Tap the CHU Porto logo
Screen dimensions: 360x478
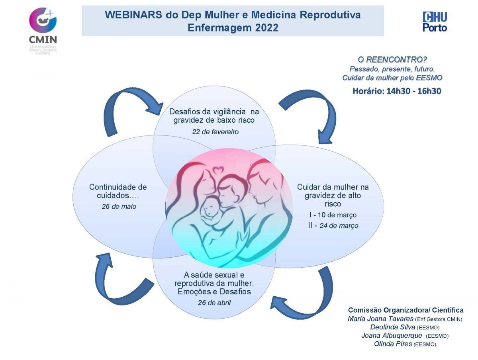click(435, 22)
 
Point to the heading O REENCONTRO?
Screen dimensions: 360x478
click(392, 60)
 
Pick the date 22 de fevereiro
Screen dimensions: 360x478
click(215, 132)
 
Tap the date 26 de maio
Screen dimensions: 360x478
click(119, 207)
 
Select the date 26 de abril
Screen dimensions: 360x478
click(214, 303)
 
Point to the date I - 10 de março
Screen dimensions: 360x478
click(333, 215)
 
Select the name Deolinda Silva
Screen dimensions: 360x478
click(392, 327)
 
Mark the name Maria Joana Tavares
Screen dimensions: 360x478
click(380, 319)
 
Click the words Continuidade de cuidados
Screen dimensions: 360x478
click(118, 191)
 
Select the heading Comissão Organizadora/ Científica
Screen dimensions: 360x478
click(406, 310)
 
